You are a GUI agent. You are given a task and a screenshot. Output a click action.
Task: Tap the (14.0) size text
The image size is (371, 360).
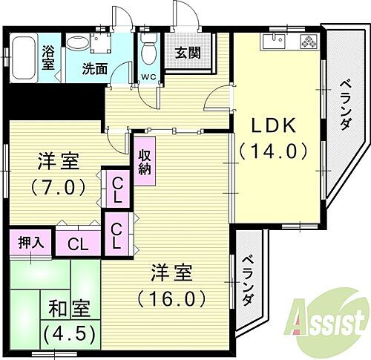tap(272, 151)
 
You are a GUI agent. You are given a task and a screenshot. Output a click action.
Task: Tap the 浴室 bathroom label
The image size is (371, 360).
tap(48, 58)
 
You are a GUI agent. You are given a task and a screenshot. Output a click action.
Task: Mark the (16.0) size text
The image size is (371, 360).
tap(170, 299)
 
